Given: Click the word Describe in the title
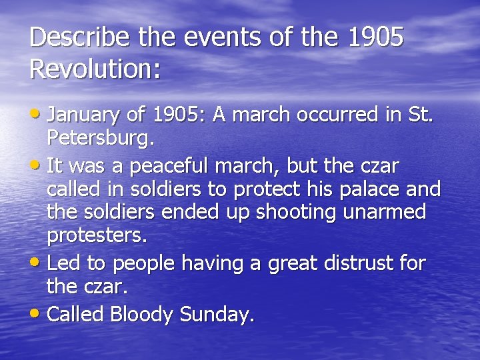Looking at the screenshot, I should [x=79, y=38].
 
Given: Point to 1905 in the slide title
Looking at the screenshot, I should [x=376, y=38].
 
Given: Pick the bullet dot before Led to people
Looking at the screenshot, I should [x=37, y=263].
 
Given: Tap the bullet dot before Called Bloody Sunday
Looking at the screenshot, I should [x=37, y=313].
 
